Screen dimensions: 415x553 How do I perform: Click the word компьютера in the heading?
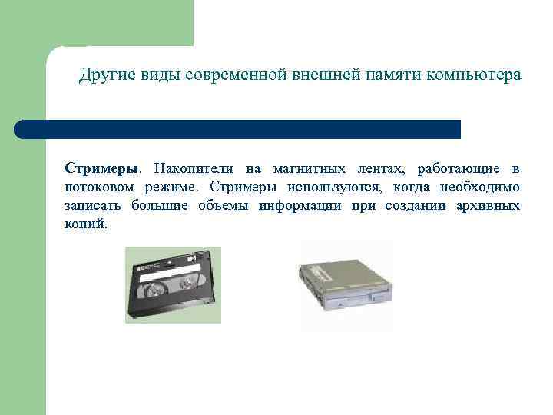click(x=472, y=75)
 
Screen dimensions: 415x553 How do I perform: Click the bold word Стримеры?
click(x=101, y=168)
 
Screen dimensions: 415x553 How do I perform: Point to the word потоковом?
click(x=97, y=187)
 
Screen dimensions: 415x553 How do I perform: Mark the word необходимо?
click(x=481, y=187)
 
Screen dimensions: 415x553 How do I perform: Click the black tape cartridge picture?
click(x=173, y=285)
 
